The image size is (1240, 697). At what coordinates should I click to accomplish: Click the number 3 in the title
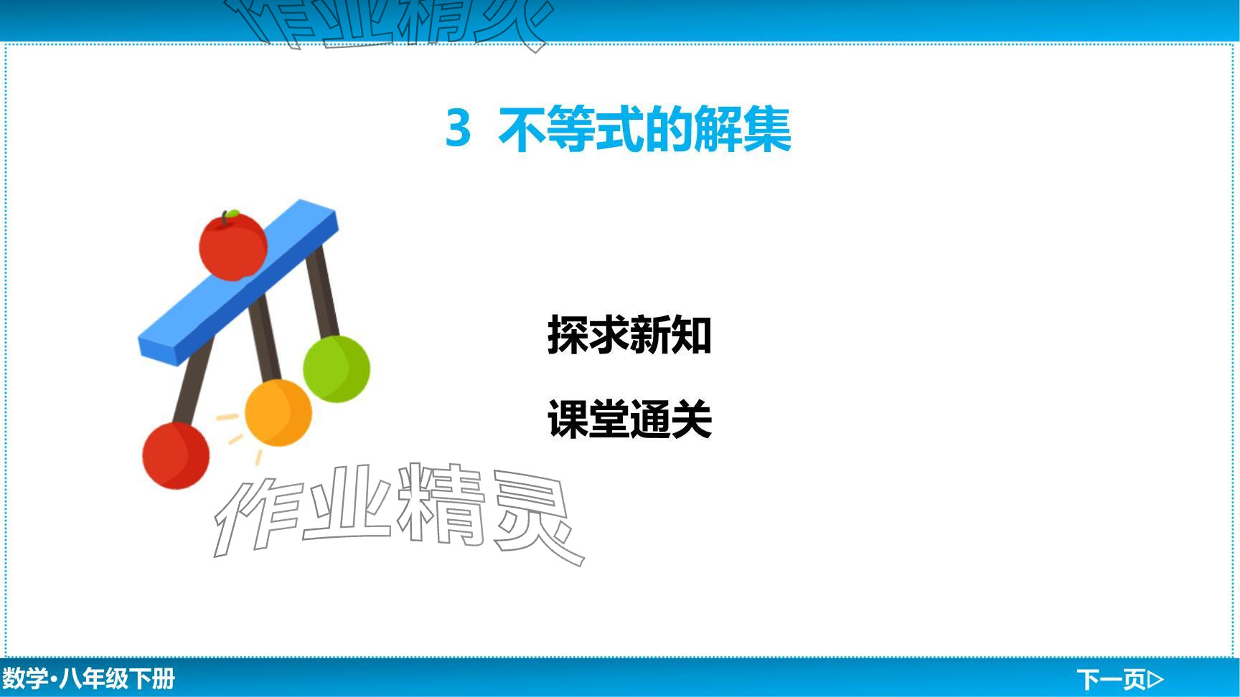tap(459, 128)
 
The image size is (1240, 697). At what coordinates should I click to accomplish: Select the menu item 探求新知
tap(629, 335)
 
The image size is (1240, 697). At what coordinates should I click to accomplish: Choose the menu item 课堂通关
tap(629, 419)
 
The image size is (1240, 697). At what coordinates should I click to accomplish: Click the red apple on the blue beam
tap(232, 245)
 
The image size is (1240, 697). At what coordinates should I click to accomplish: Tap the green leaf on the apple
tap(232, 214)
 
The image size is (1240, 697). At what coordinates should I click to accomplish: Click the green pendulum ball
tap(337, 369)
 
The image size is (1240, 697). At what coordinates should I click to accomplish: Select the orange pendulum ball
tap(278, 413)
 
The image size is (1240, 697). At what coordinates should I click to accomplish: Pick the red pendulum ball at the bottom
tap(176, 456)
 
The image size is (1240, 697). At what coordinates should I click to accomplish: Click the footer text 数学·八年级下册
tap(88, 678)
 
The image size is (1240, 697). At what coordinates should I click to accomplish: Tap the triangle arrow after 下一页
tap(1155, 678)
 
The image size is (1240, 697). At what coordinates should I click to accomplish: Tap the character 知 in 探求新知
tap(691, 335)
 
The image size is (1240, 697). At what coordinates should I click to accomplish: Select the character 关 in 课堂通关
tap(691, 419)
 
